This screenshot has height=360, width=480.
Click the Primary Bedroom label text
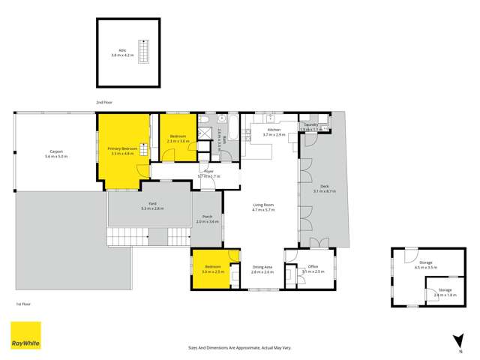click(x=121, y=149)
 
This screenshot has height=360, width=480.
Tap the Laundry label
click(x=311, y=125)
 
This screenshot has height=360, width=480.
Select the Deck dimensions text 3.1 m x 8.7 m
click(x=325, y=191)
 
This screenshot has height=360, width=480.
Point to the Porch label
click(x=207, y=217)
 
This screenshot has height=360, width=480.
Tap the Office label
click(x=313, y=266)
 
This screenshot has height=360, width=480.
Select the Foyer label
click(x=208, y=172)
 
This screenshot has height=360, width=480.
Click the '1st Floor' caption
click(x=22, y=304)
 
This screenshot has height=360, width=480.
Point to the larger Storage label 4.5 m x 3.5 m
click(x=425, y=263)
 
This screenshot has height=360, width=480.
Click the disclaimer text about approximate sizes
click(x=239, y=347)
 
